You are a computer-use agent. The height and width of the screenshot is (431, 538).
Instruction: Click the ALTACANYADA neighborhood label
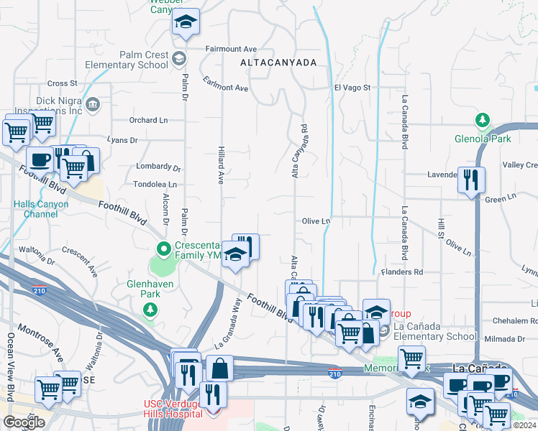(278, 62)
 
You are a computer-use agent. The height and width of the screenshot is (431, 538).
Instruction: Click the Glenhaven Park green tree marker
(150, 310)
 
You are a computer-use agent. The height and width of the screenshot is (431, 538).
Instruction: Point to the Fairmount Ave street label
(231, 49)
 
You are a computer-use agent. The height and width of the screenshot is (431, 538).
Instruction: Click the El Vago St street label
(352, 88)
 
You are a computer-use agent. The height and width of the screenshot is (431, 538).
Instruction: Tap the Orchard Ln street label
(148, 120)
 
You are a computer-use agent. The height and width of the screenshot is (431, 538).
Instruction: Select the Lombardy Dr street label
(158, 167)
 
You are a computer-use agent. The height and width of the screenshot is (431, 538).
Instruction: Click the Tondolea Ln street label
(155, 185)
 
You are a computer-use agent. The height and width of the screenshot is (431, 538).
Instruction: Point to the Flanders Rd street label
(403, 272)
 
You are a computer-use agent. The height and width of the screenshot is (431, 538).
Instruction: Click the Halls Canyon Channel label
(41, 209)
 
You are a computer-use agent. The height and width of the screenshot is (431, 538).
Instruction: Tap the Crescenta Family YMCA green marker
(163, 250)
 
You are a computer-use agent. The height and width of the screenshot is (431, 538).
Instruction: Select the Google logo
(24, 422)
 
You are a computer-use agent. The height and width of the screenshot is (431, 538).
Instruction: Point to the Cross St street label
(63, 84)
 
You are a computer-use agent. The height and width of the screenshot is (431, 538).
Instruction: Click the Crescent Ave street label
(79, 261)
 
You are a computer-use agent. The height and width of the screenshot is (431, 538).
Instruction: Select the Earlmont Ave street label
(225, 84)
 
